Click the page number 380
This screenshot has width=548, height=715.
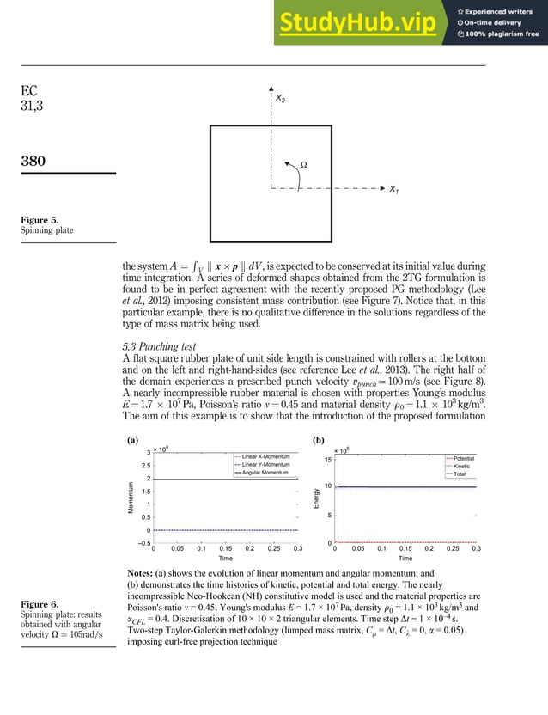(x=35, y=161)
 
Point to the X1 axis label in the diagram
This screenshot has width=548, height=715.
(x=393, y=189)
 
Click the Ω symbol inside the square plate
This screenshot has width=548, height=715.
(x=302, y=163)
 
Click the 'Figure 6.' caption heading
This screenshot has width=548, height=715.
(x=40, y=604)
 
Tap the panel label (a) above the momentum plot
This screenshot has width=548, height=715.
(x=133, y=438)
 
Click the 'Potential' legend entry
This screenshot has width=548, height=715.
(x=465, y=459)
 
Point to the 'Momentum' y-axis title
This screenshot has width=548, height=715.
(x=131, y=498)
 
